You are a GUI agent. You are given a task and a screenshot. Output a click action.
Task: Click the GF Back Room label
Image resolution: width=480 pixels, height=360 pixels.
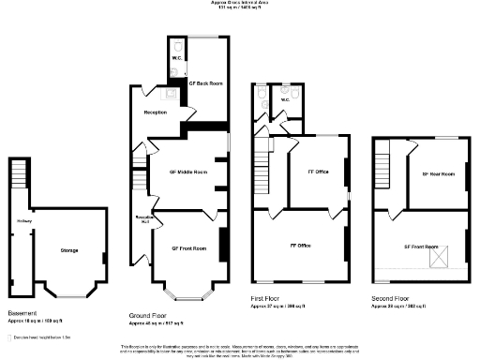(x=204, y=83)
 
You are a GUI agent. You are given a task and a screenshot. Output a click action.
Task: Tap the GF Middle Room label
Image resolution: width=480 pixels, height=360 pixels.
(x=187, y=172)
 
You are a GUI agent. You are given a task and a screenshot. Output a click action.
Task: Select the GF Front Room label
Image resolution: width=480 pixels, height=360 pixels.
(x=187, y=247)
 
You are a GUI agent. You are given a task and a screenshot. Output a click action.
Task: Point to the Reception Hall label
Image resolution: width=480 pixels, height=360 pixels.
(x=144, y=218)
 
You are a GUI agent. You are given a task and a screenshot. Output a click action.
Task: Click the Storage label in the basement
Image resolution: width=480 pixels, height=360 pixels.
(x=69, y=251)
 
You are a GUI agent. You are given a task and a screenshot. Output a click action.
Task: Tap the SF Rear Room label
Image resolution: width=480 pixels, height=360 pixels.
(x=431, y=173)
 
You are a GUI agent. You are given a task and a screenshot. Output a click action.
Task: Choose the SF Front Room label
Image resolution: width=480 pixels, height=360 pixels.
(x=421, y=247)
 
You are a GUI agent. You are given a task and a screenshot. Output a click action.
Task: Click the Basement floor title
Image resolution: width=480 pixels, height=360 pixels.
(x=22, y=311)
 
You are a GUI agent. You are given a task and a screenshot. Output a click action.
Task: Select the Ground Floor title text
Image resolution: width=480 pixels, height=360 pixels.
(x=148, y=317)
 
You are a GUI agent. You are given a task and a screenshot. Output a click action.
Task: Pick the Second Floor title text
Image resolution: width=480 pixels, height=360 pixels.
(x=392, y=300)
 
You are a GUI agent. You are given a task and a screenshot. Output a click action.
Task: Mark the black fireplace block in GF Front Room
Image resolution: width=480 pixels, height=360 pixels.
(x=222, y=246)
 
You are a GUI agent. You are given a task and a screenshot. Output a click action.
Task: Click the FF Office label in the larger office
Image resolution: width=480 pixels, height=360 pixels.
(x=298, y=245)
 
